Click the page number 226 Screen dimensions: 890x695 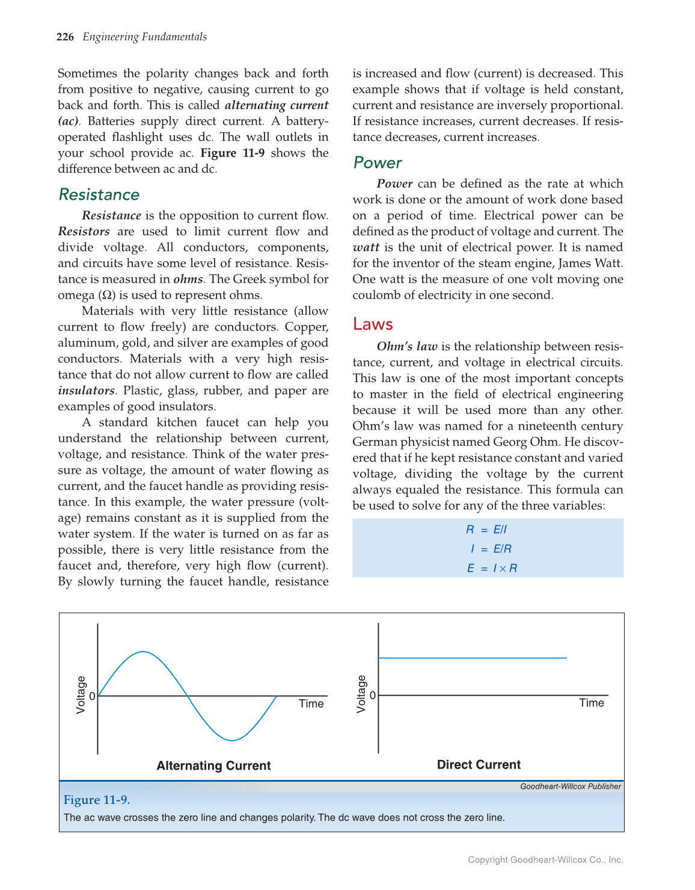65,37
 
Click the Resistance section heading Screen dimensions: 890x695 99,194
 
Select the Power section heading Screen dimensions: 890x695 378,162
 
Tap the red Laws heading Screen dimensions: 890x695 373,324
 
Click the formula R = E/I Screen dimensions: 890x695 486,530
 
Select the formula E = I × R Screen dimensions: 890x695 491,568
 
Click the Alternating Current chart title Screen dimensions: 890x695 213,765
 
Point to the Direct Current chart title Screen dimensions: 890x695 479,765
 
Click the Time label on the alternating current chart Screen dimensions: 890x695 311,703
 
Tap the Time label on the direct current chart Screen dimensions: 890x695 591,703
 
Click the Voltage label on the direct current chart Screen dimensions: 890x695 361,694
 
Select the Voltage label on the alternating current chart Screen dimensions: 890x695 81,695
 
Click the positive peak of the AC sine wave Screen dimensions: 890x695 142,652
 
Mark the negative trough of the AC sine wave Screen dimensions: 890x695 232,740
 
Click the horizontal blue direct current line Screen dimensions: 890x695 473,658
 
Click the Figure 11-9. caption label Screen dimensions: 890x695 97,800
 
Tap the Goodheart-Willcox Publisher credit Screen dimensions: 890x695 570,786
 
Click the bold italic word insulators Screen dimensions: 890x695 86,391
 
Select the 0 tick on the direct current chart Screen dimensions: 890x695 372,696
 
